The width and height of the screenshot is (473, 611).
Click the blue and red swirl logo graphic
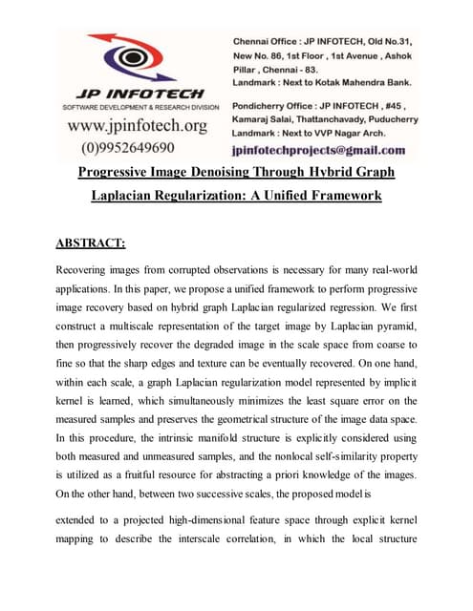point(133,58)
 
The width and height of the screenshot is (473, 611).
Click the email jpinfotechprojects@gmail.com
point(318,150)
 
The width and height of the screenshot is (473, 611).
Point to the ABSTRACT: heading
point(97,242)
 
